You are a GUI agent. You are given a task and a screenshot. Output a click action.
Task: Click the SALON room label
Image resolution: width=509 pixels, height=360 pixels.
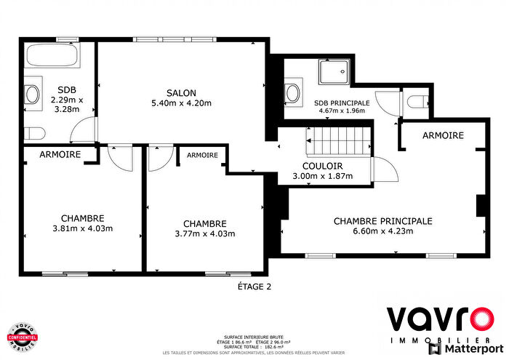point(180,92)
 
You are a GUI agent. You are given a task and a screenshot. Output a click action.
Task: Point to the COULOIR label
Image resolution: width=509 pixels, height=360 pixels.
point(322,166)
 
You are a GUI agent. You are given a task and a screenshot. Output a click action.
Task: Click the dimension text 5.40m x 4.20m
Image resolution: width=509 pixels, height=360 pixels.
point(180,103)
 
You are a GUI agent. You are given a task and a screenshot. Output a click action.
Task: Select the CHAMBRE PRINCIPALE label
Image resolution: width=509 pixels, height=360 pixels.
point(382,221)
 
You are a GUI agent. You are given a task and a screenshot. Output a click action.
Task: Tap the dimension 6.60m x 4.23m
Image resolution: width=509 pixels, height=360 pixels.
point(382,232)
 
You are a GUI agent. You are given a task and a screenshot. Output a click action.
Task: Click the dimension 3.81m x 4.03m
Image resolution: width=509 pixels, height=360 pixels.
point(82,228)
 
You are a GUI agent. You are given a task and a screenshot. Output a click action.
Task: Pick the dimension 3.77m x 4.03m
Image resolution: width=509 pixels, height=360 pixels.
point(204,233)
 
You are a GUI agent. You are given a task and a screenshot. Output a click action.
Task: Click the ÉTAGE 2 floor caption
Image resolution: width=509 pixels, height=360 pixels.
point(254,287)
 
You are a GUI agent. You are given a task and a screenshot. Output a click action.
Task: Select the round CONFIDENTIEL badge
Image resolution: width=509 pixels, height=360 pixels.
point(22,337)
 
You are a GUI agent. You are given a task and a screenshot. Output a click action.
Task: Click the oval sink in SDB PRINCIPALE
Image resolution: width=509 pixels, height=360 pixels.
point(292,92)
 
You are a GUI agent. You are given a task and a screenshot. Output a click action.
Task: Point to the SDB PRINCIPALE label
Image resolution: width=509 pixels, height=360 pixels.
point(342,103)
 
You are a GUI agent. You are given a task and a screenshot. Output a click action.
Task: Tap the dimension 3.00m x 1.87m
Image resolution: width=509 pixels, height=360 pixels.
point(322,176)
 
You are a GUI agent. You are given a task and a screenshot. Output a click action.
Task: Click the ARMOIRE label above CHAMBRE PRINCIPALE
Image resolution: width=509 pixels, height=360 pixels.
point(443,136)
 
